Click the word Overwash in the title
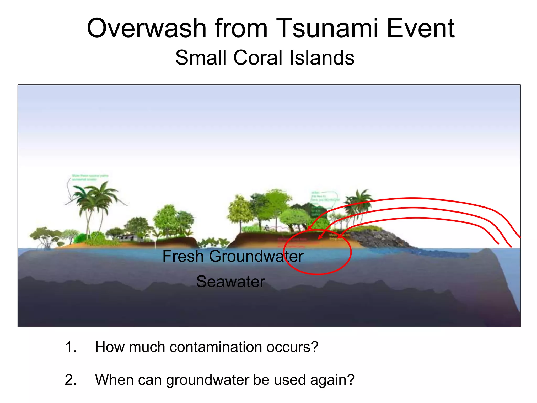coord(147,28)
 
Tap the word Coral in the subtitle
coord(259,58)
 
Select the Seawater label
coord(230,282)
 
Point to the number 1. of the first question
coord(71,347)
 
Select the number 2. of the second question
coord(71,380)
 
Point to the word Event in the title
coord(420,28)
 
